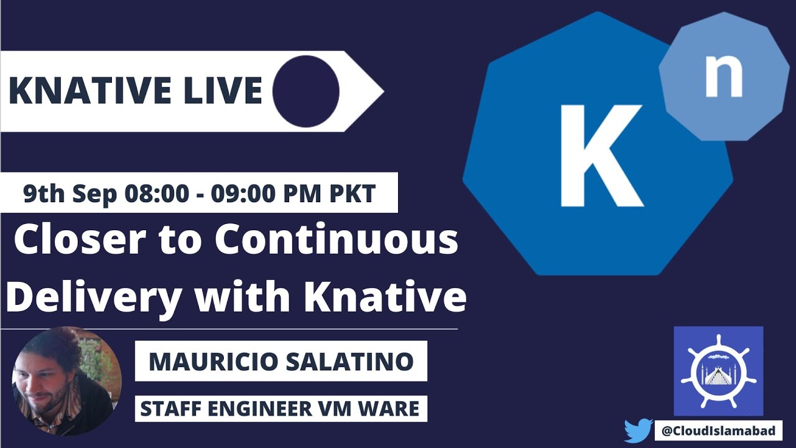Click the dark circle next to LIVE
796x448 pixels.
pyautogui.click(x=306, y=91)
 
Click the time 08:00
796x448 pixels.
pyautogui.click(x=156, y=194)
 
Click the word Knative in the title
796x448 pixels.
pyautogui.click(x=385, y=297)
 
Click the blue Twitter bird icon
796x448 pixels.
pyautogui.click(x=638, y=430)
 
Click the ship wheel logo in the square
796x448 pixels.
pyautogui.click(x=718, y=371)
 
